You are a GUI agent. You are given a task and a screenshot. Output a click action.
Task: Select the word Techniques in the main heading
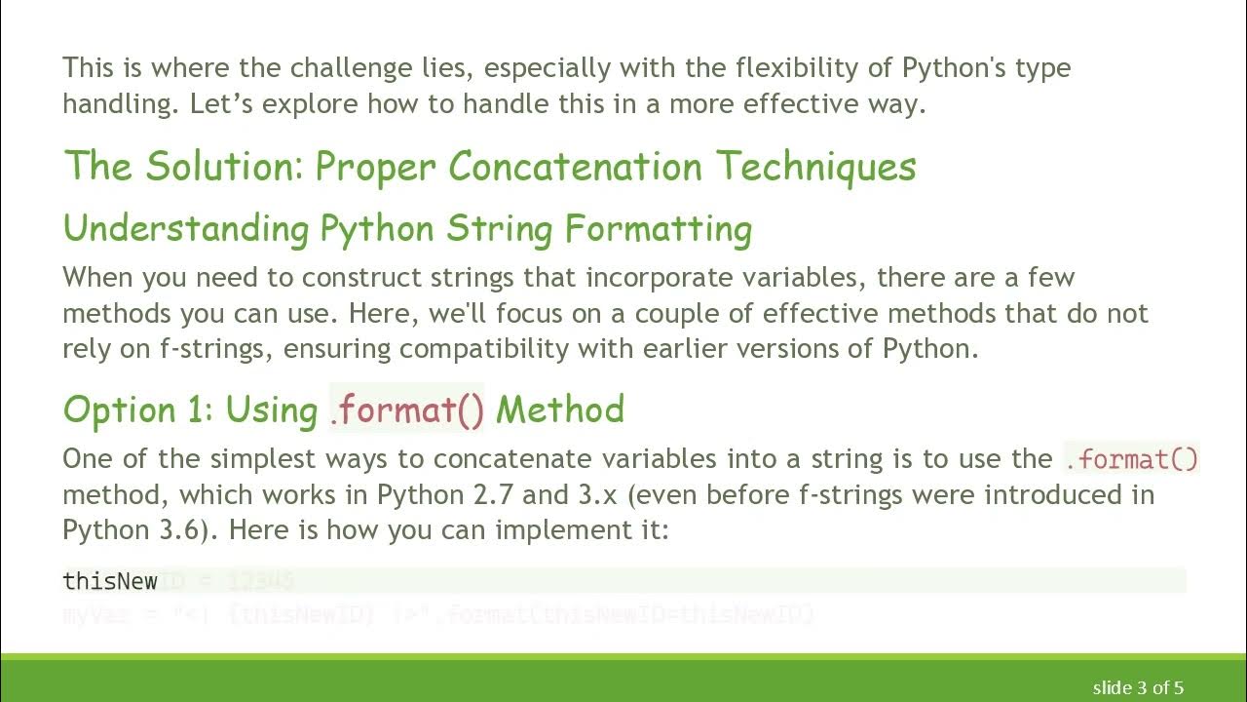pyautogui.click(x=816, y=167)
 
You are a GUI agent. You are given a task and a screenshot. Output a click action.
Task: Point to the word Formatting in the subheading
pyautogui.click(x=659, y=229)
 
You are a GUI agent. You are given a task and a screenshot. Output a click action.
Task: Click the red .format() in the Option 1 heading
pyautogui.click(x=406, y=409)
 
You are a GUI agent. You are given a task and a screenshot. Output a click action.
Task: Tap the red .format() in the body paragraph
pyautogui.click(x=1131, y=458)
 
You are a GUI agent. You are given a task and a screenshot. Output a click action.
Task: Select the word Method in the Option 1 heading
pyautogui.click(x=560, y=409)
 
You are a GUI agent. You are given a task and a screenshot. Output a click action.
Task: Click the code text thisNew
pyautogui.click(x=110, y=582)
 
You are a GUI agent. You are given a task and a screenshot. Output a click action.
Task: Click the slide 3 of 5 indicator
pyautogui.click(x=1138, y=687)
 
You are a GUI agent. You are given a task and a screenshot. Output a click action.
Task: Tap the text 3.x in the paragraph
pyautogui.click(x=598, y=495)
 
